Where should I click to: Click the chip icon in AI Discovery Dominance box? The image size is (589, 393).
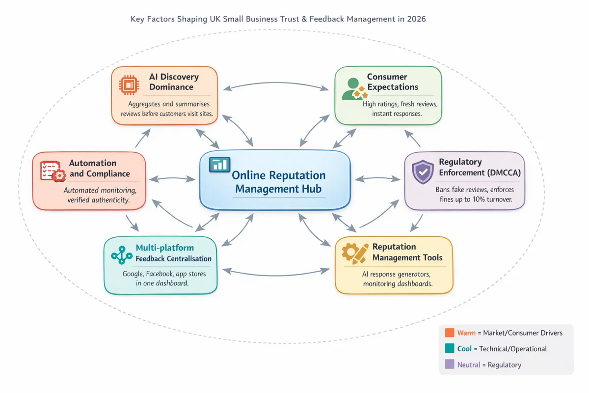(129, 85)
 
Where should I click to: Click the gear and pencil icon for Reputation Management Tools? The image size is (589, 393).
(355, 253)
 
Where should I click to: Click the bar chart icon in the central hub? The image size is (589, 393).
(219, 165)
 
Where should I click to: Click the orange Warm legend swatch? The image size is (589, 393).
(450, 333)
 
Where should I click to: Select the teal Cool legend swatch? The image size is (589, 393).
(450, 348)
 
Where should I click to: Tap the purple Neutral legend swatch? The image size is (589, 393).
(450, 364)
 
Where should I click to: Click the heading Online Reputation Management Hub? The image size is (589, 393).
(278, 182)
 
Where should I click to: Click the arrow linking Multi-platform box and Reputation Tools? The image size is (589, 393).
(276, 270)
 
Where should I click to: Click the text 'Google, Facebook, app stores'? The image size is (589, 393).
(164, 274)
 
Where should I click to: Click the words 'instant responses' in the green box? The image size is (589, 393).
(397, 114)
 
